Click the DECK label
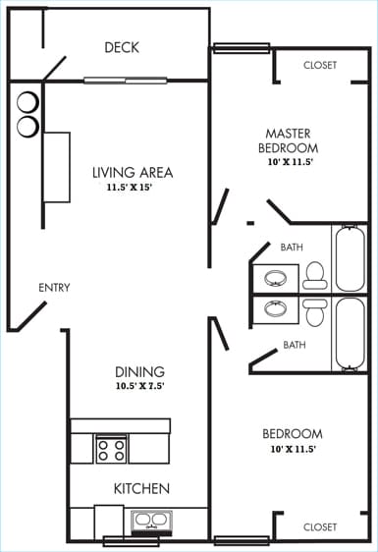[x=122, y=47]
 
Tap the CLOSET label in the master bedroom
[x=320, y=66]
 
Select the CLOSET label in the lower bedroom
[x=320, y=527]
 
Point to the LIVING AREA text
[x=133, y=173]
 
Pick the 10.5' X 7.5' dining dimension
[x=139, y=387]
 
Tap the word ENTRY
[x=54, y=288]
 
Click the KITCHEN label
[x=142, y=488]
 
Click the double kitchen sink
[x=149, y=520]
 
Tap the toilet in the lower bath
[x=314, y=311]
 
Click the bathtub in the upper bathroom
[x=350, y=258]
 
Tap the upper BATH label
[x=292, y=248]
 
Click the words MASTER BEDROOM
[x=293, y=139]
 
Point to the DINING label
[x=139, y=372]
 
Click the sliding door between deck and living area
[x=124, y=81]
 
